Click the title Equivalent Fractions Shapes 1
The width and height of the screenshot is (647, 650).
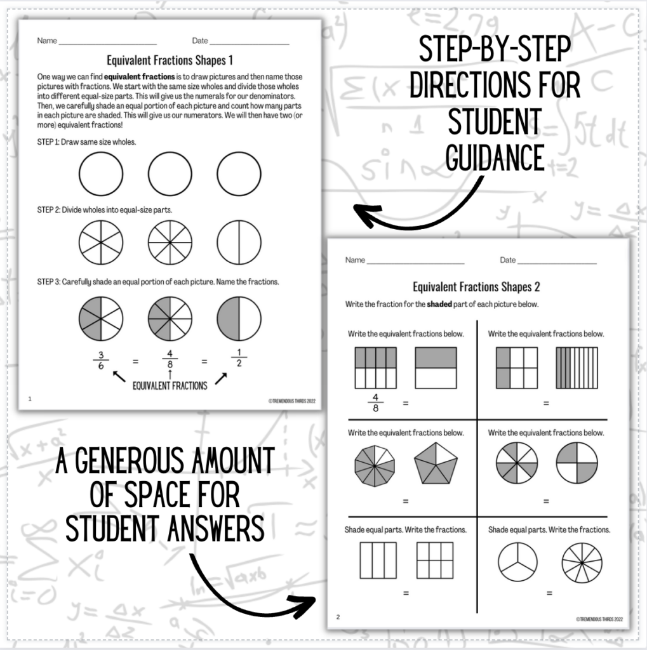point(170,61)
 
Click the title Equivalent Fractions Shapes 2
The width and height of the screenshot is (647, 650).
point(476,287)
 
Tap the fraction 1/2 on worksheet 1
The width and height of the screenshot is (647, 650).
point(239,361)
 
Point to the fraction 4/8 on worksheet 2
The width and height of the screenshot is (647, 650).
point(375,403)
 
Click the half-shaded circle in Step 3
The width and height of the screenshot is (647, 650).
point(239,319)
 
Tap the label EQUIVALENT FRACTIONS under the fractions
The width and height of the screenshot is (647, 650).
point(170,385)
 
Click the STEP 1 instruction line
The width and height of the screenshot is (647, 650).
point(87,142)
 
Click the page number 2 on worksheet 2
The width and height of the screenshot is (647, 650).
point(338,617)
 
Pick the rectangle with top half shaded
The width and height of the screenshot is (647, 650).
point(436,368)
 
